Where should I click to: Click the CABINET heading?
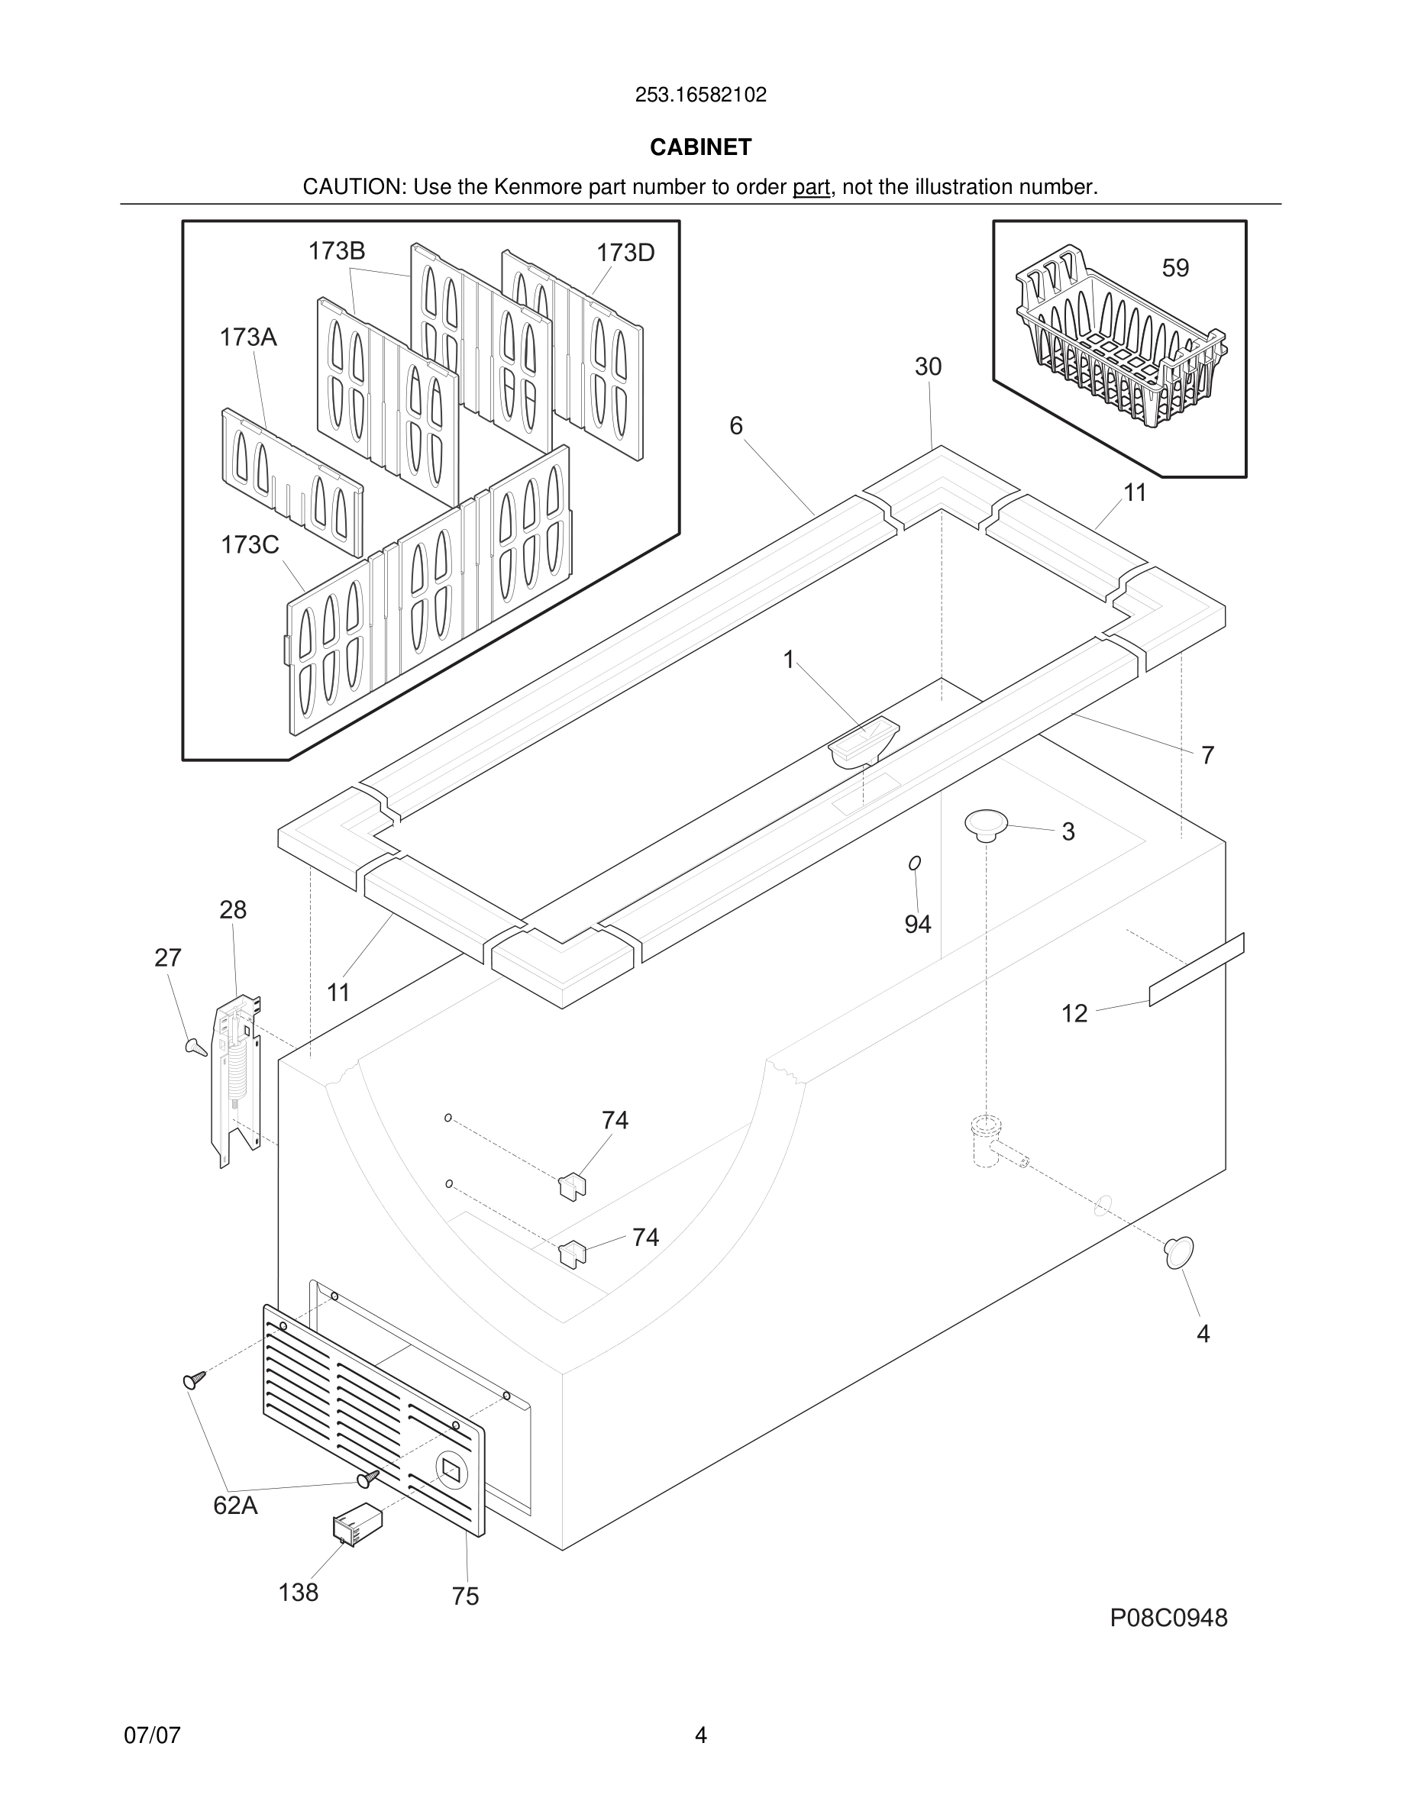click(700, 147)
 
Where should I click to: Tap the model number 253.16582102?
click(700, 95)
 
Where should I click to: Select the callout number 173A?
click(247, 337)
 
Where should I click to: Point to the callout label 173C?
click(249, 545)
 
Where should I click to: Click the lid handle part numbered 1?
click(863, 742)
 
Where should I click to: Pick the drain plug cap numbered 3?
click(986, 824)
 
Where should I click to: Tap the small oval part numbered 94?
click(915, 863)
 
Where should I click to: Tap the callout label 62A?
click(235, 1505)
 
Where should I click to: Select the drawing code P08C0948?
click(1168, 1618)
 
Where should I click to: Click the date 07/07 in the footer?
click(152, 1735)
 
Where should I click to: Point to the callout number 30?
click(928, 366)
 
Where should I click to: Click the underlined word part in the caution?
click(811, 188)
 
